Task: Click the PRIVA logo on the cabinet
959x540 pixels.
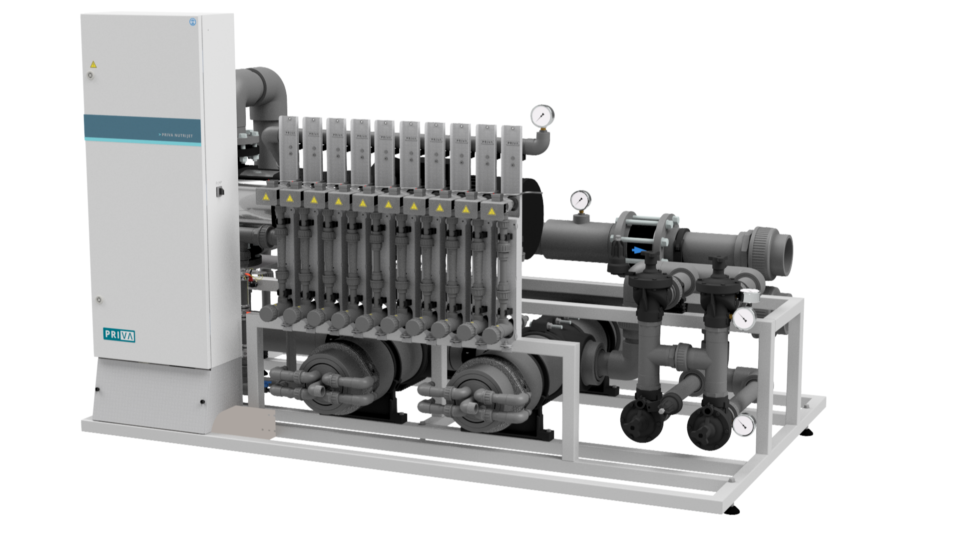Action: [x=119, y=334]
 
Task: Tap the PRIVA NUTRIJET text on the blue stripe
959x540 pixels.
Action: [x=175, y=135]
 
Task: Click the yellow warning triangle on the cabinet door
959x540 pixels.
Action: [x=93, y=64]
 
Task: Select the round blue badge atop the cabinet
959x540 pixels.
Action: [x=192, y=21]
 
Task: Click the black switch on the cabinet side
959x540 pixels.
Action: [x=219, y=190]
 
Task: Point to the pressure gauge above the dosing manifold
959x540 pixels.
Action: [x=542, y=116]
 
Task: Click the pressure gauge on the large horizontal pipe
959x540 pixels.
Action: [x=580, y=200]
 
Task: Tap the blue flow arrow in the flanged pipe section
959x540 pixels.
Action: [x=638, y=249]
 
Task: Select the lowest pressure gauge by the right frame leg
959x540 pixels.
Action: [x=743, y=425]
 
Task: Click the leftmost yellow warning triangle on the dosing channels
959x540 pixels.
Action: [x=266, y=197]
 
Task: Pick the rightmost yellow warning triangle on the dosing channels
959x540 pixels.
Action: [x=491, y=211]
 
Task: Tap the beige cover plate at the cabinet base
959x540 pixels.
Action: [x=244, y=422]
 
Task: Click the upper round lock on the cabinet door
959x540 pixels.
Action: [x=90, y=75]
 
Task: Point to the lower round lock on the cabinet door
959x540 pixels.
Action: [x=99, y=300]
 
